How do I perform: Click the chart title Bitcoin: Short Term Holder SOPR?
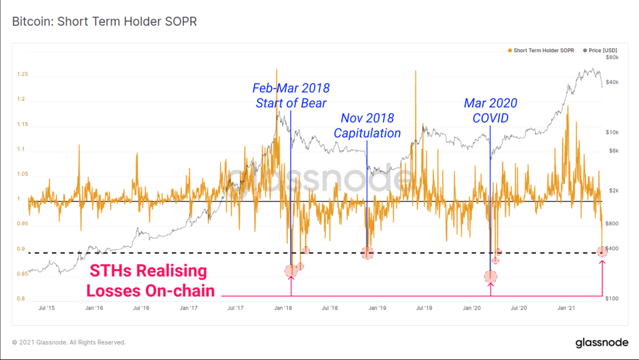tap(105, 22)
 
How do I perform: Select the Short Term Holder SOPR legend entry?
tap(543, 50)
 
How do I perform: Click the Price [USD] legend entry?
tap(603, 50)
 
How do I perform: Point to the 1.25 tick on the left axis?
tap(23, 74)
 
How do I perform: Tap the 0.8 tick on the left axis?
tap(21, 299)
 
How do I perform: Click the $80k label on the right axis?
tap(612, 57)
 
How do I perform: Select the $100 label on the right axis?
tap(612, 299)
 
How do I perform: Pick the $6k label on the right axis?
tap(612, 150)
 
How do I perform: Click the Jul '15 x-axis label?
tap(46, 308)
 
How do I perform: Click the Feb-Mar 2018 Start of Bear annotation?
tap(291, 95)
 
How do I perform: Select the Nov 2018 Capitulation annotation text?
tap(367, 126)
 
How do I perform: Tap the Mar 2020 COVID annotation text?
tap(490, 110)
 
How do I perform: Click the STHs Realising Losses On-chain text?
tap(150, 281)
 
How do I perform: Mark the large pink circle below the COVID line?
tap(490, 276)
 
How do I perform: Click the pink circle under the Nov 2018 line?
tap(367, 253)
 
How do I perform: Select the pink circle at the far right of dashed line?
tap(603, 252)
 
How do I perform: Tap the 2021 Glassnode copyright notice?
tap(69, 343)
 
